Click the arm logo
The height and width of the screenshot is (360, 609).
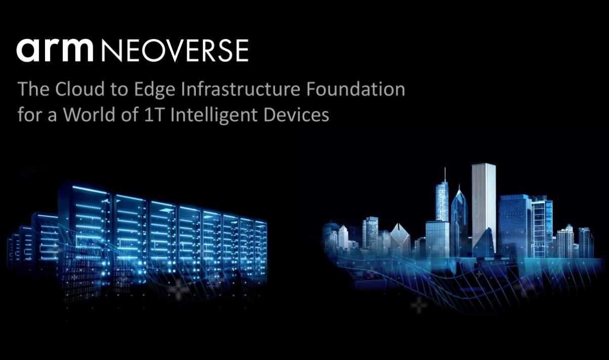55,50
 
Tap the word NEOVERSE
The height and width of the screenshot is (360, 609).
175,51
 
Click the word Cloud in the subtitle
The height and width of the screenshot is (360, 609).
80,89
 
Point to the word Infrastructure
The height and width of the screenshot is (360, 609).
240,89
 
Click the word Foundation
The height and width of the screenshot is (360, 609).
355,89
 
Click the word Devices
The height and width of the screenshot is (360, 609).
296,114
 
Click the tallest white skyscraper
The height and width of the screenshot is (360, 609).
483,208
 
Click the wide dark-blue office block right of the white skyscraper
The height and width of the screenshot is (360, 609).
515,226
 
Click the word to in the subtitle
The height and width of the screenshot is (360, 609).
119,90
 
